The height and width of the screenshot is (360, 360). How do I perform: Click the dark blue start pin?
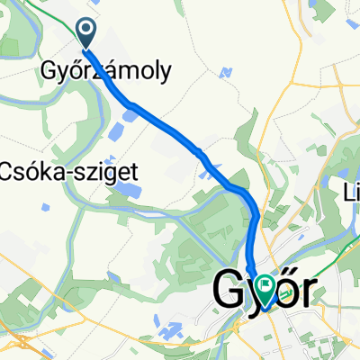coord(87,34)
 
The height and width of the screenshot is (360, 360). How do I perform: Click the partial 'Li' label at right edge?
coord(352,193)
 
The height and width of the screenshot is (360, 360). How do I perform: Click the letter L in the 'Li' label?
coord(348,193)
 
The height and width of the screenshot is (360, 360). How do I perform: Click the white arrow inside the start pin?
coord(87,33)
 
